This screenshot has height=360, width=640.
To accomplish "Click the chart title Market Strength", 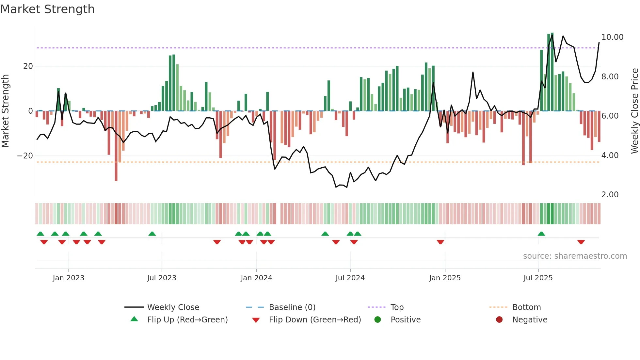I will coord(47,9).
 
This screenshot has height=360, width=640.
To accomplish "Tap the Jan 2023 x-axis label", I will coord(68,278).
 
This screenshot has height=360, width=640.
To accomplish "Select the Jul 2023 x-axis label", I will coord(162,278).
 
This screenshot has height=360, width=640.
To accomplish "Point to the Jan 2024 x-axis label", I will coord(256,278).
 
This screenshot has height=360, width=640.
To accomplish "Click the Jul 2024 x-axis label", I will coord(350,278).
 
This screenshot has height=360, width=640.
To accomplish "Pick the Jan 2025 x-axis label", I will coord(445,278).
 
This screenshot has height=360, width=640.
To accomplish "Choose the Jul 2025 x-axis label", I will coord(538,278).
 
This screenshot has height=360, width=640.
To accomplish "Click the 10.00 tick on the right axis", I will coord(612,37).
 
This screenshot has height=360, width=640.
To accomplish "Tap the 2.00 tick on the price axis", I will coord(610,195).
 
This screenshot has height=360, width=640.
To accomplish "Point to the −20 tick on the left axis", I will coord(25,156).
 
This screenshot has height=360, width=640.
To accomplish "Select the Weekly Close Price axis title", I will coord(634,111).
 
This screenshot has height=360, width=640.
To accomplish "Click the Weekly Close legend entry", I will coord(173,307).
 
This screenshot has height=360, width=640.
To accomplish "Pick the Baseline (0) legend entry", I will coord(292,307).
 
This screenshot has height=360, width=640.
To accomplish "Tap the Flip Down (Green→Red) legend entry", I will coord(315,320).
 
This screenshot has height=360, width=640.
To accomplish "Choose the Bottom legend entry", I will coord(526,307).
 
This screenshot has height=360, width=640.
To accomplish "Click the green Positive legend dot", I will coord(377,320).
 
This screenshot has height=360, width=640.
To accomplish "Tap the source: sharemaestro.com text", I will coord(575,256).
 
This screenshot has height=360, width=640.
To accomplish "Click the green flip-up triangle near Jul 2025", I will coord(541,234).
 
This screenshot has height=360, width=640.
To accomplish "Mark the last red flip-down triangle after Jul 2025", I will coord(581,242).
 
